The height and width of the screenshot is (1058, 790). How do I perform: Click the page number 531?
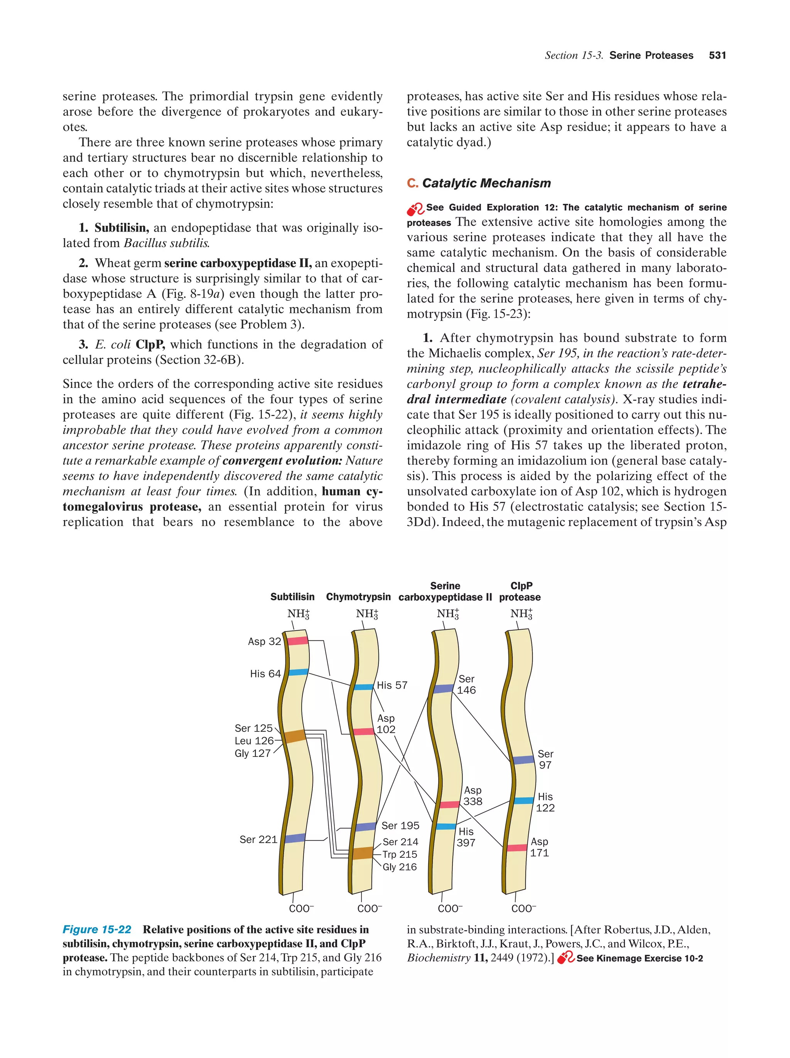717,56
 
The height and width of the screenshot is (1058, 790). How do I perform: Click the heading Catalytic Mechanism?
486,183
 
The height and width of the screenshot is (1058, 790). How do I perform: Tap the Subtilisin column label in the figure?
292,597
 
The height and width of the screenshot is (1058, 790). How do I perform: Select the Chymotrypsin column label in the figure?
358,597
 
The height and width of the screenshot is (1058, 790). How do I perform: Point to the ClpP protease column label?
520,592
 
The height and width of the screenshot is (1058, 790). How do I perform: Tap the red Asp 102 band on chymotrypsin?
363,731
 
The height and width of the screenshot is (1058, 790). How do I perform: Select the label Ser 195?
400,826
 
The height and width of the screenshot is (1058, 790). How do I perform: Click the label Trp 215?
400,854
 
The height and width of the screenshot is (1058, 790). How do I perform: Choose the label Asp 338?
473,796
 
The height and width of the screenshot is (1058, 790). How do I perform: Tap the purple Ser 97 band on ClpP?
523,760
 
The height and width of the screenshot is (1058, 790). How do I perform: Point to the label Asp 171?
539,847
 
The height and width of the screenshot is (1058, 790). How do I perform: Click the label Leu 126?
254,741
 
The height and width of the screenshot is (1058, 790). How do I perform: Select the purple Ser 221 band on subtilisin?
294,838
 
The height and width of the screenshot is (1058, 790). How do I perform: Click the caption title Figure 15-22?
97,929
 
